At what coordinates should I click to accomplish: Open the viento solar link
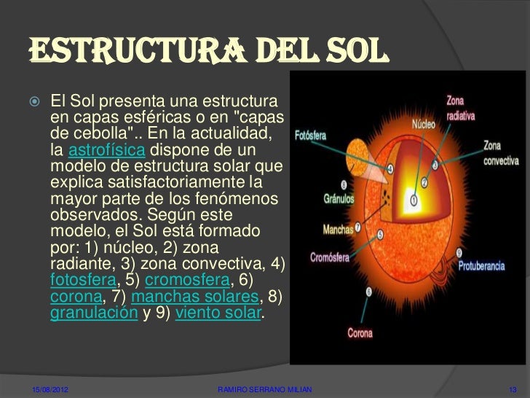click(221, 315)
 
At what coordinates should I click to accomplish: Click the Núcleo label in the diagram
click(424, 125)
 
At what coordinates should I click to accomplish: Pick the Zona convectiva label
click(501, 153)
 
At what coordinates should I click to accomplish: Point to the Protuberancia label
click(480, 266)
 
